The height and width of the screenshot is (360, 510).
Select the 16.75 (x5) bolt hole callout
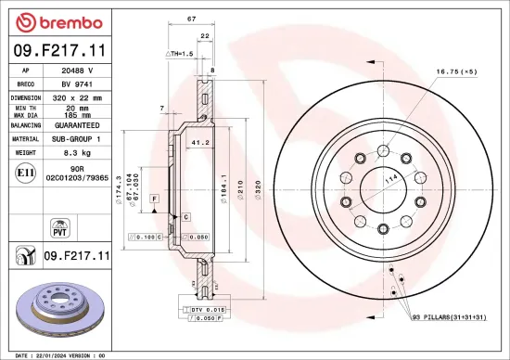456,71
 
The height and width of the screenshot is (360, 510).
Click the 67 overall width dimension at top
190,18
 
